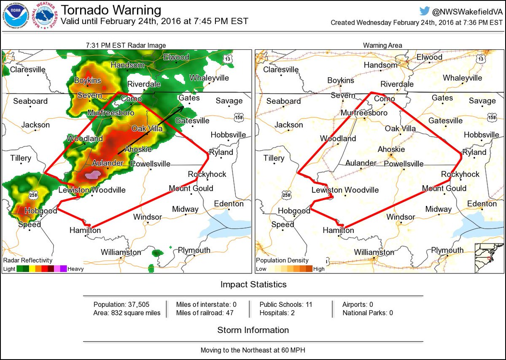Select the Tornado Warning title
[x=111, y=10]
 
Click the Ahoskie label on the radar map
[x=135, y=149]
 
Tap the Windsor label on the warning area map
[x=401, y=217]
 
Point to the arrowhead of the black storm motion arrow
[x=183, y=107]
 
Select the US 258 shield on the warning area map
[x=286, y=195]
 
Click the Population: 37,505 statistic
[x=121, y=304]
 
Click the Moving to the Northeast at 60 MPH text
[x=253, y=350]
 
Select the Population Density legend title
[x=282, y=260]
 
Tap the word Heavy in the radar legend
[x=75, y=269]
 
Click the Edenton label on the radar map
[x=229, y=204]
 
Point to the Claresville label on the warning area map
[x=280, y=70]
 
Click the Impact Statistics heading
[x=253, y=284]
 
